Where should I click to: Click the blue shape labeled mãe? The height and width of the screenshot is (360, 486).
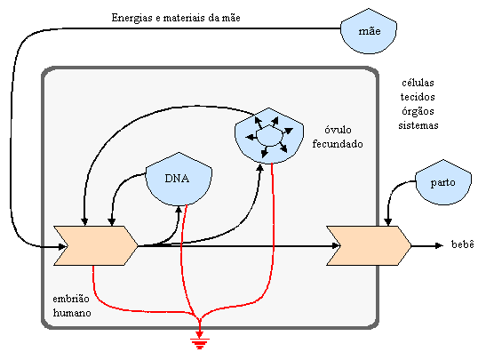[x=369, y=31]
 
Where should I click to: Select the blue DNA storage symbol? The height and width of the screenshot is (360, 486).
[x=179, y=179]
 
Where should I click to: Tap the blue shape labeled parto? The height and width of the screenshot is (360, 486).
[x=443, y=182]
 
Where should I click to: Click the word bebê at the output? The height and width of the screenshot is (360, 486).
[x=462, y=244]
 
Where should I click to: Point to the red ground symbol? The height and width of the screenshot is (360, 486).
[x=199, y=342]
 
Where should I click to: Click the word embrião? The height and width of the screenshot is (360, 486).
[x=71, y=299]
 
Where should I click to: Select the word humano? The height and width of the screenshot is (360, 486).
[x=72, y=313]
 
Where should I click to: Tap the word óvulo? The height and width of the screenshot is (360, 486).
[x=338, y=130]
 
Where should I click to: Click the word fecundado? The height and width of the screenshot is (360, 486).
[x=338, y=144]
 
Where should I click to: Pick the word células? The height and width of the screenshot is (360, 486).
[x=418, y=83]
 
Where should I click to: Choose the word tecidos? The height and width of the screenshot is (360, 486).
[x=418, y=97]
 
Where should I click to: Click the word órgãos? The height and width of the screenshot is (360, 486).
[x=418, y=111]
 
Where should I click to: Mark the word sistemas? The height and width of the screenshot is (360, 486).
[x=418, y=125]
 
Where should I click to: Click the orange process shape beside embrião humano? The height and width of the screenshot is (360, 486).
[x=95, y=245]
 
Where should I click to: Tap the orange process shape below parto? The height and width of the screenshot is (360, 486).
[x=369, y=245]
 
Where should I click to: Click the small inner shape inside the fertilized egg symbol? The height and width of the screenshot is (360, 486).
[x=270, y=135]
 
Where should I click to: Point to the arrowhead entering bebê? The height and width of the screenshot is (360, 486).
[x=439, y=245]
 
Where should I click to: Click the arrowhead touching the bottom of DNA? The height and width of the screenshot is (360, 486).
[x=179, y=209]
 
